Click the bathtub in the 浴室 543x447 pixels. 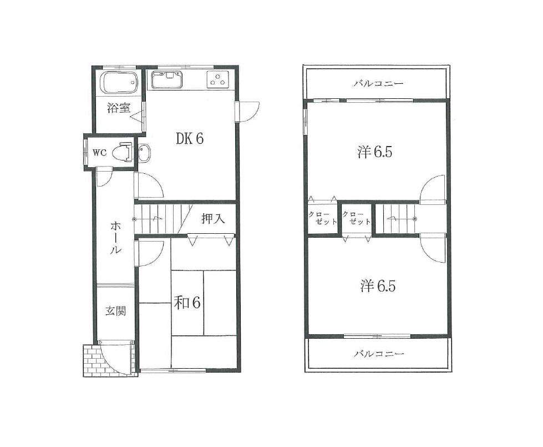(118, 84)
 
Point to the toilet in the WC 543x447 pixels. (123, 152)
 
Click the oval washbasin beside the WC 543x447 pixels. (144, 153)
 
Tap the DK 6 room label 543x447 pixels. (190, 138)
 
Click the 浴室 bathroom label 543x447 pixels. (119, 108)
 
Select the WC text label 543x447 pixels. (99, 152)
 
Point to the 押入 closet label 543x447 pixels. (213, 219)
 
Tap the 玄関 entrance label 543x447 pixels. (115, 311)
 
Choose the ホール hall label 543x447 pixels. (116, 237)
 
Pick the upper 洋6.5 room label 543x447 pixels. (375, 152)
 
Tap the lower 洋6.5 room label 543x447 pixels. (378, 286)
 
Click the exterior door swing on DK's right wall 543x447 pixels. (248, 111)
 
